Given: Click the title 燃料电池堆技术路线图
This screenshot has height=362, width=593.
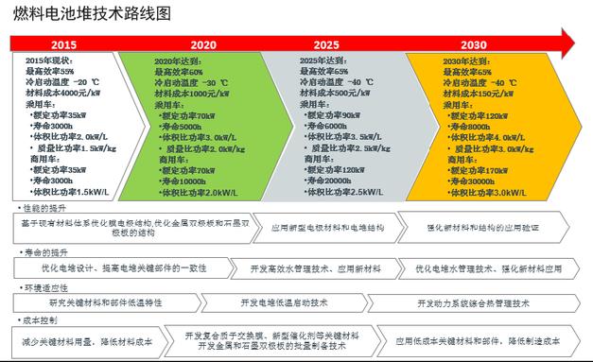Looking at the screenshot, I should [x=94, y=13].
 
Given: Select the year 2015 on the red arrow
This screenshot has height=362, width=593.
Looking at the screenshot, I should [x=63, y=44].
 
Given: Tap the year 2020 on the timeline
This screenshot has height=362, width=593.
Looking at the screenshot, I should [x=202, y=44].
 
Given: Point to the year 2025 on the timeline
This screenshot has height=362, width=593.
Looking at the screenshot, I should [x=326, y=44].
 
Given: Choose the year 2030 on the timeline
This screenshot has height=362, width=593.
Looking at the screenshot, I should [x=474, y=44].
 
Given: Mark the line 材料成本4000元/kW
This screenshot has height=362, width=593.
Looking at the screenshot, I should [x=61, y=93].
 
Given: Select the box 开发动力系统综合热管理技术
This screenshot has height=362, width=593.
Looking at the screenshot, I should [x=485, y=303].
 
